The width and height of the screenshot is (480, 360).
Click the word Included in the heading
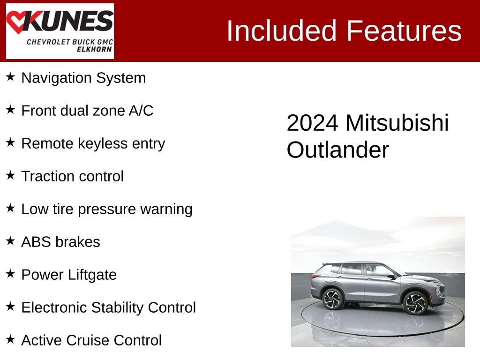click(281, 31)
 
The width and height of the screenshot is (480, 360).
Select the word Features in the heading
click(404, 31)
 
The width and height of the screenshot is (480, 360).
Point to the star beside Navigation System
click(10, 76)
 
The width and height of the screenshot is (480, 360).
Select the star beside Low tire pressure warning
click(10, 208)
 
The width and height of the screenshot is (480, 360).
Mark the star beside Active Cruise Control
click(10, 339)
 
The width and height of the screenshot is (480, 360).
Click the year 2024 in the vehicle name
click(312, 123)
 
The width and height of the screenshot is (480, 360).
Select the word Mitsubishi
click(397, 123)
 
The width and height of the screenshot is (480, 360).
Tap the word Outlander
click(337, 150)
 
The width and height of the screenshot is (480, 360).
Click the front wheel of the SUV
click(415, 302)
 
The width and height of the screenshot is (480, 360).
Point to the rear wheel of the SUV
click(333, 299)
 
